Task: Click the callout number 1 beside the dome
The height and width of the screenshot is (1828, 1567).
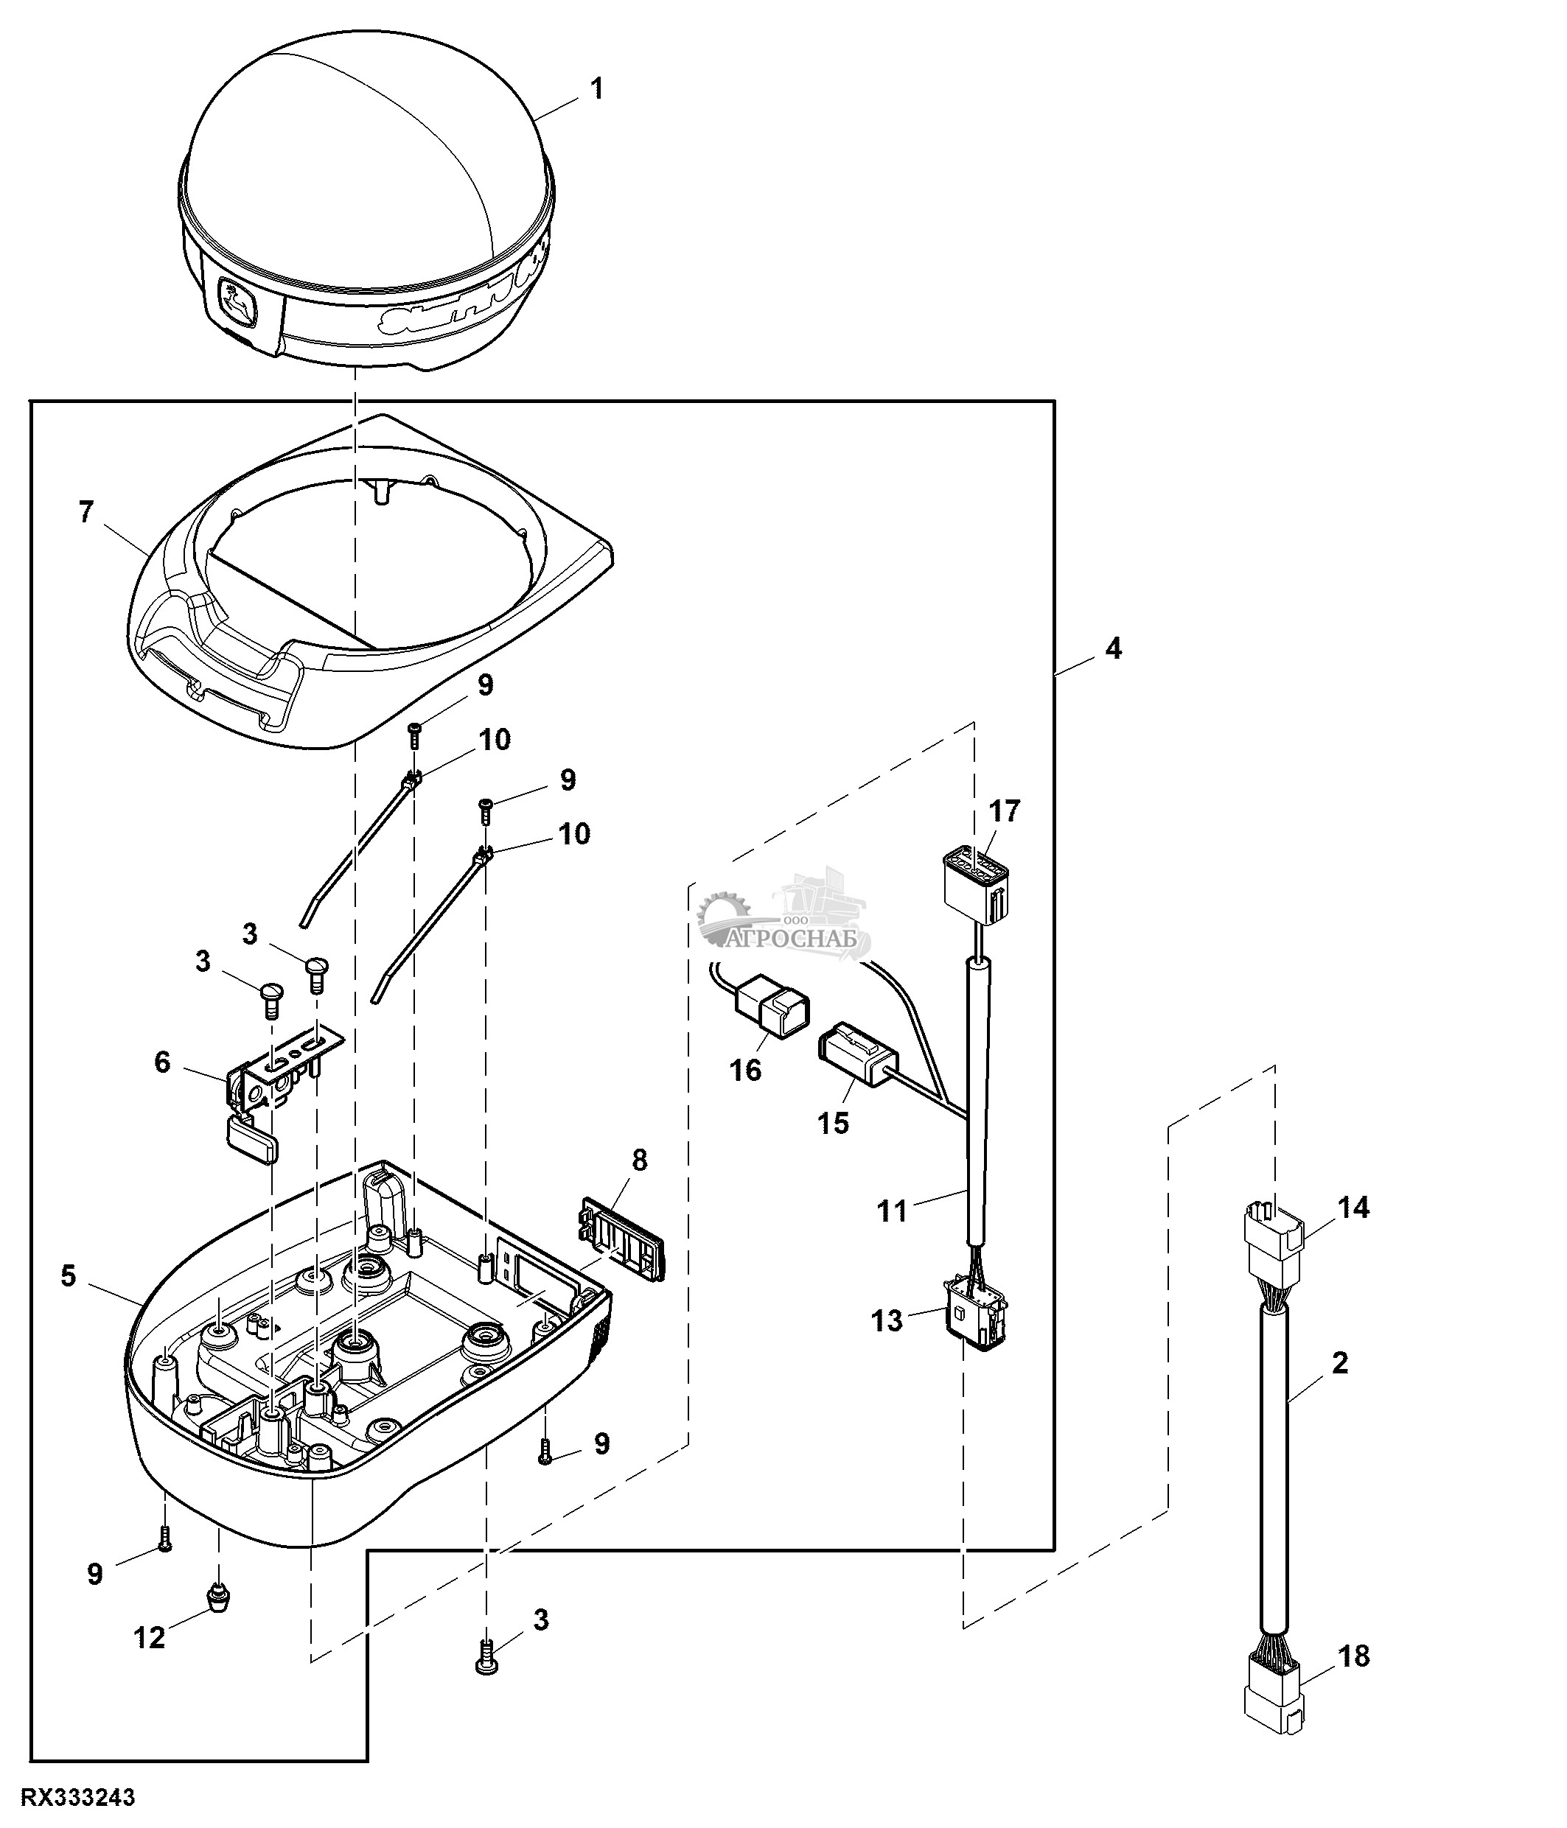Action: (596, 89)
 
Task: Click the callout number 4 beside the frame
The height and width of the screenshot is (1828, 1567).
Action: (1114, 648)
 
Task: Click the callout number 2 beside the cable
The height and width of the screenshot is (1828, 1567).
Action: (1339, 1363)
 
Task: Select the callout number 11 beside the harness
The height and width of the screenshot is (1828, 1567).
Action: (892, 1211)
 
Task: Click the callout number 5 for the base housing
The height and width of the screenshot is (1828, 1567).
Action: (68, 1275)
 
